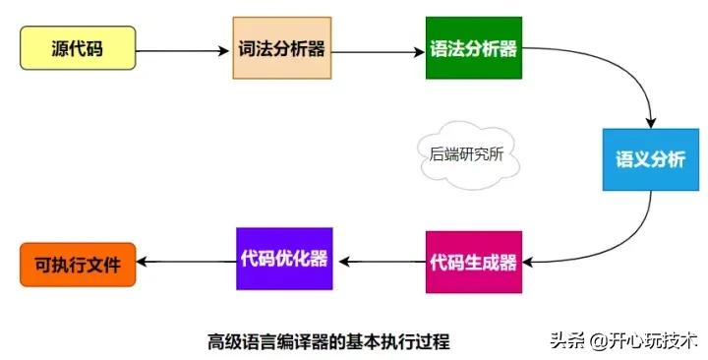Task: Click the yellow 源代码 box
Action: click(x=78, y=47)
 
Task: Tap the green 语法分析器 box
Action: click(x=473, y=48)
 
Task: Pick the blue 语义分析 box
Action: click(x=644, y=158)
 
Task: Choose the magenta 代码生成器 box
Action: click(x=473, y=262)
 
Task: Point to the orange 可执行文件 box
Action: click(x=78, y=264)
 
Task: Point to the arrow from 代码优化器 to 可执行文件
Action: click(x=186, y=262)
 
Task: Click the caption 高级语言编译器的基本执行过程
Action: click(x=328, y=341)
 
